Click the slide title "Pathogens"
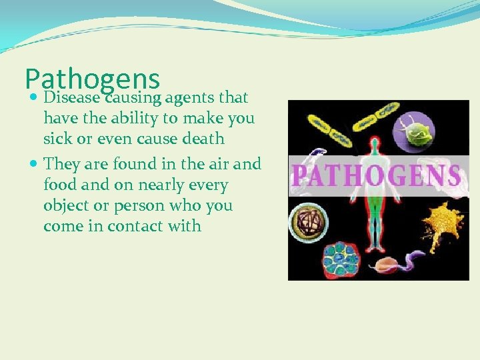[x=92, y=79]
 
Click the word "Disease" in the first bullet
[x=72, y=98]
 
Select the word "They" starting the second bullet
[x=60, y=163]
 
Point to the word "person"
[x=140, y=205]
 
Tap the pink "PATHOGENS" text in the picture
[x=377, y=176]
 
